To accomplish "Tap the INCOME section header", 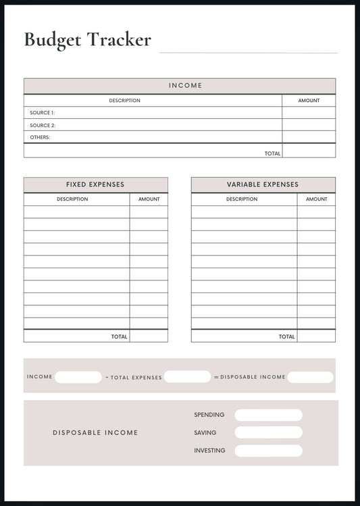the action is (x=185, y=86).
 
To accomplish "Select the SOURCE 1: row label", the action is (x=42, y=113).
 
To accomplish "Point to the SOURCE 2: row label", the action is (x=43, y=125).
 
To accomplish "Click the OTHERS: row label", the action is (x=40, y=137).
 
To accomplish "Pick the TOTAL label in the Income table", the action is (x=272, y=153).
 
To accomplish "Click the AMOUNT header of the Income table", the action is (x=309, y=101).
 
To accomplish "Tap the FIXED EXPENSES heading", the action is (x=95, y=184).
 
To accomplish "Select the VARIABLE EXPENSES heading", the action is (x=263, y=184).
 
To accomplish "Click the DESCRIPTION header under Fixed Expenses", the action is (x=72, y=199).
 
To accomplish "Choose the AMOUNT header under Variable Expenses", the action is (x=316, y=199).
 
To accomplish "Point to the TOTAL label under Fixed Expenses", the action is (x=119, y=336).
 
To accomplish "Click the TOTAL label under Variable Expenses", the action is (x=286, y=336).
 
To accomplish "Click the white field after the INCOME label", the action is (x=78, y=377).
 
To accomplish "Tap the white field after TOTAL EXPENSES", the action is (x=187, y=376).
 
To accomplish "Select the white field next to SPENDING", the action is (x=268, y=415).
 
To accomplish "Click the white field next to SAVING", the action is (x=268, y=432).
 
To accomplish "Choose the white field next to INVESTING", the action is (x=268, y=451).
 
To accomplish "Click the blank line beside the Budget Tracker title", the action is (x=248, y=52).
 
